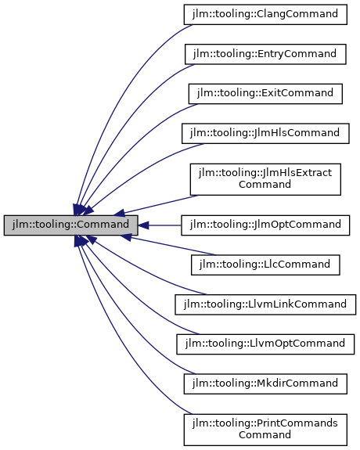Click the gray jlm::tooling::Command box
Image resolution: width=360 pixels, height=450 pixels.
pyautogui.click(x=71, y=225)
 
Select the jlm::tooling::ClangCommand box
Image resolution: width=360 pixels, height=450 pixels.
pyautogui.click(x=265, y=14)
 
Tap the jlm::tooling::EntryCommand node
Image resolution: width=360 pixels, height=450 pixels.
pyautogui.click(x=265, y=54)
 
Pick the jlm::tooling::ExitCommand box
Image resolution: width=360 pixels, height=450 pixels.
pyautogui.click(x=265, y=93)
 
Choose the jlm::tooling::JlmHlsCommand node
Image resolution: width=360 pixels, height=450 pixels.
pyautogui.click(x=265, y=133)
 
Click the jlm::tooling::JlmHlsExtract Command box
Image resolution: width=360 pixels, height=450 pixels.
pyautogui.click(x=265, y=178)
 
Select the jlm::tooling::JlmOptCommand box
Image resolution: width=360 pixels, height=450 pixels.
pyautogui.click(x=265, y=225)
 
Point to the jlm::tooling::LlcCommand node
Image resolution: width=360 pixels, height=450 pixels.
pyautogui.click(x=265, y=265)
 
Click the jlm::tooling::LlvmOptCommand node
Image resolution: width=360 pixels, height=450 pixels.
pyautogui.click(x=265, y=344)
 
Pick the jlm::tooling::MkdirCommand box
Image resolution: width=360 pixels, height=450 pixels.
pyautogui.click(x=265, y=383)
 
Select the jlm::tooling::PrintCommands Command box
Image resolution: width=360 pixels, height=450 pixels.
pyautogui.click(x=265, y=428)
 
